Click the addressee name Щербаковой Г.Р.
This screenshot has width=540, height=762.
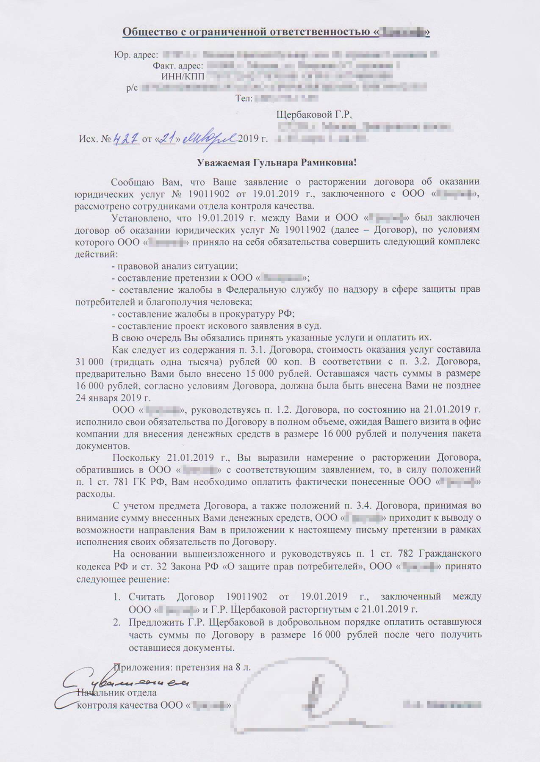(314, 115)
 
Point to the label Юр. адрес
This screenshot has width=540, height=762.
(136, 55)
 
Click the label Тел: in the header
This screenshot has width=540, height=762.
(244, 99)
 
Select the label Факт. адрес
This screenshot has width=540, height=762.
(178, 66)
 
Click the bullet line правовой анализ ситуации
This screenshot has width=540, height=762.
(174, 266)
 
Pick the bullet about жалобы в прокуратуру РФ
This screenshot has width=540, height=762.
(202, 314)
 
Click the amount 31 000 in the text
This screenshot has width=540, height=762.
(90, 362)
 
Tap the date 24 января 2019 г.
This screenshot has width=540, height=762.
(113, 398)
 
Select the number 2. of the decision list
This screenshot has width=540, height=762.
(116, 622)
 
